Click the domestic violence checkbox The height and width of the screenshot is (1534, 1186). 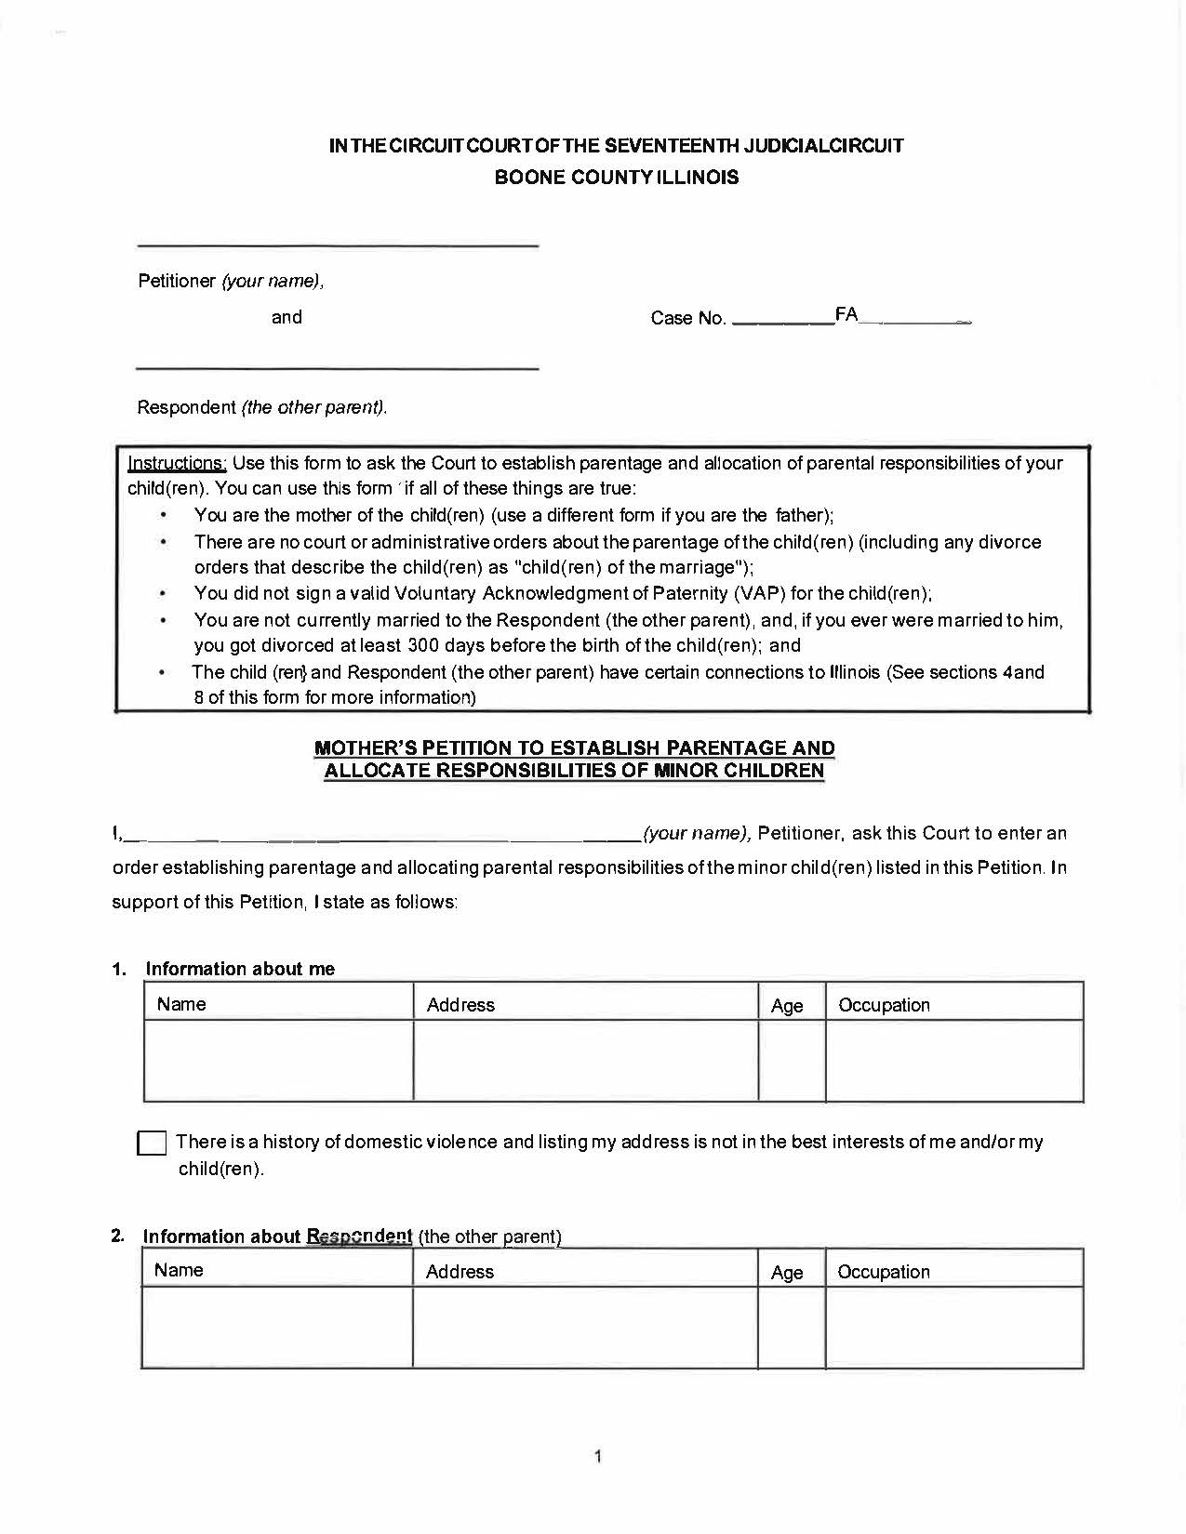152,1143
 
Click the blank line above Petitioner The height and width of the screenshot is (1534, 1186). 338,245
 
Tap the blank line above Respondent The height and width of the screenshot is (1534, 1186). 338,368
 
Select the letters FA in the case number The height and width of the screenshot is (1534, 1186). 846,314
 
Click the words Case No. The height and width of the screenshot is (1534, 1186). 687,318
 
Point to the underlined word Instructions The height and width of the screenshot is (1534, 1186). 177,463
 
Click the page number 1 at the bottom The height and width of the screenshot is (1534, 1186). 597,1456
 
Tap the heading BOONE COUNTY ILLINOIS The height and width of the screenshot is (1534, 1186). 616,177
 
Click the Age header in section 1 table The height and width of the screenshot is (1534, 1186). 787,1005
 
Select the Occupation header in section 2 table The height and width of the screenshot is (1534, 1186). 884,1272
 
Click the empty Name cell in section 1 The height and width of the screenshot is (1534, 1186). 278,1061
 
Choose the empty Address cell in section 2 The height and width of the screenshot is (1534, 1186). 585,1328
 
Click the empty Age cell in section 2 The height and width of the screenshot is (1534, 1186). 792,1328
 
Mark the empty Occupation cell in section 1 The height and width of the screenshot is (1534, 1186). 954,1061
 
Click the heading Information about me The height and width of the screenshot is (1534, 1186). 240,969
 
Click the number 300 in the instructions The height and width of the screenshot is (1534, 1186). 423,645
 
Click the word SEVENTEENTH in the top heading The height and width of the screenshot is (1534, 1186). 672,146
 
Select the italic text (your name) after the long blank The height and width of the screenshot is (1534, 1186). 697,833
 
